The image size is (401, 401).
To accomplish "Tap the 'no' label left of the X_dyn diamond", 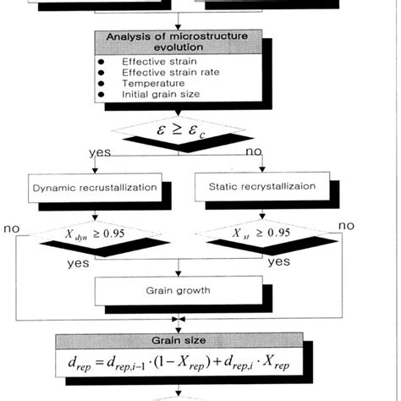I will click(13, 228).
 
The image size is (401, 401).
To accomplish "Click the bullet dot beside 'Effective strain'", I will click(102, 62).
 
